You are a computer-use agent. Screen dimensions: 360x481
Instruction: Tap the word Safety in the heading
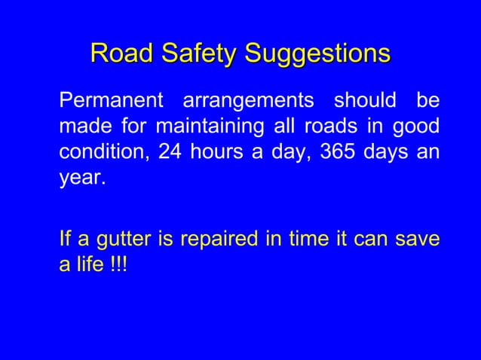193,53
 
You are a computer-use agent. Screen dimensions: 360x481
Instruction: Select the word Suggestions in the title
317,54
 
